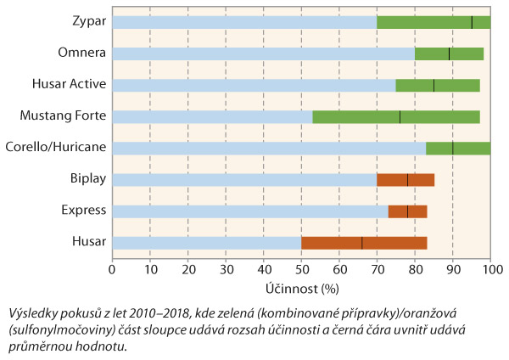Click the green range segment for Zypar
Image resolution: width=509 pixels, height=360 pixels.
coord(433,22)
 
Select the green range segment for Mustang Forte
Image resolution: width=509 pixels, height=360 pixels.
coord(396,116)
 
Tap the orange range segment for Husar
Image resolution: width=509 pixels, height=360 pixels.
coord(364,242)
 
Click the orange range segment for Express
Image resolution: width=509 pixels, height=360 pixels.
coord(407,211)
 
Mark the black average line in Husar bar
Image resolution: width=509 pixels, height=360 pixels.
coord(361,242)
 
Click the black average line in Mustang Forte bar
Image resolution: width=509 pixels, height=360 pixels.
coord(400,116)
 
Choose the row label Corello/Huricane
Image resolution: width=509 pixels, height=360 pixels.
coord(56,148)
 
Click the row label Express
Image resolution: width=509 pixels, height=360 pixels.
coord(85,211)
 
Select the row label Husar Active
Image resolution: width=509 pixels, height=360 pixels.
coord(70,85)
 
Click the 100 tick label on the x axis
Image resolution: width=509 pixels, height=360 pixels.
coord(490,270)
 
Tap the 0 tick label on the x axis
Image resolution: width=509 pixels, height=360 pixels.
coord(112,270)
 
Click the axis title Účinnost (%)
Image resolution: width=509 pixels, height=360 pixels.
coord(301,289)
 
